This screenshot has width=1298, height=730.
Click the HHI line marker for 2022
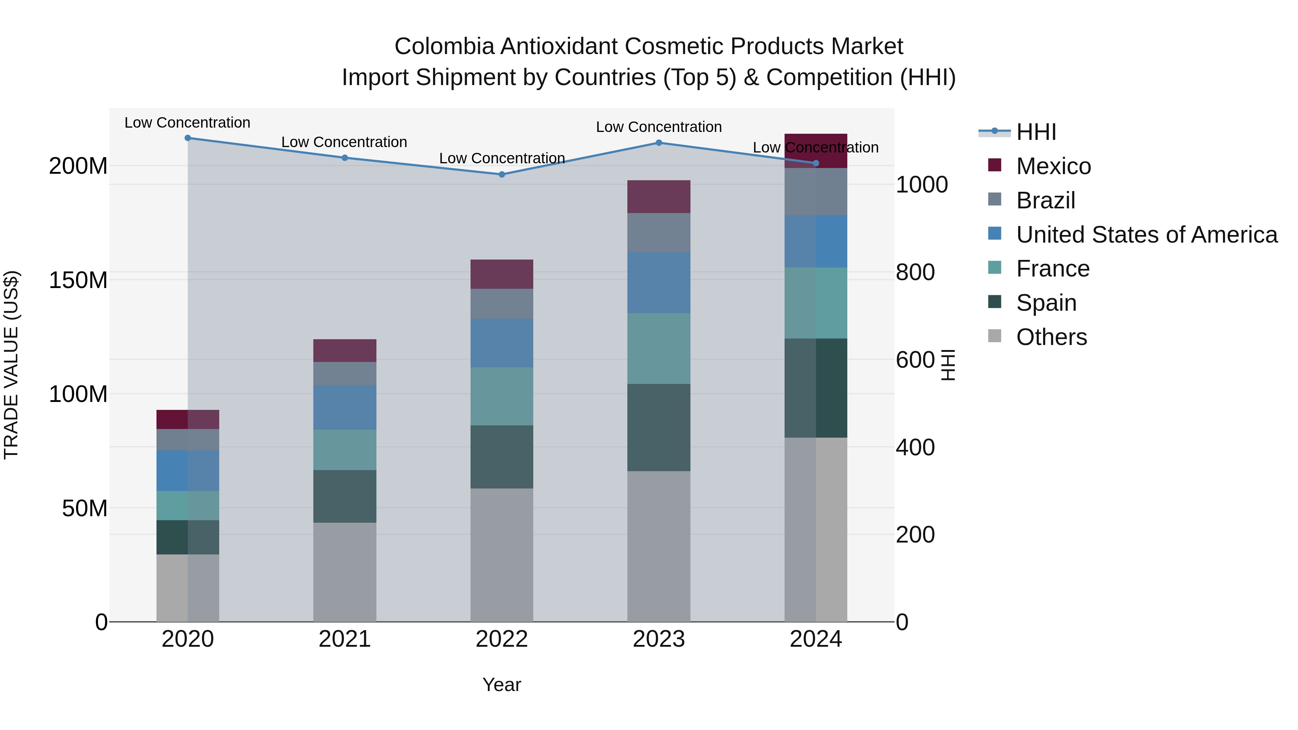(502, 174)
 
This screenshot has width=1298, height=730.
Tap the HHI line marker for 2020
(187, 138)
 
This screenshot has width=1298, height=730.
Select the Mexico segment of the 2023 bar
(659, 196)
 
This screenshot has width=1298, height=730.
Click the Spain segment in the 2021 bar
(345, 496)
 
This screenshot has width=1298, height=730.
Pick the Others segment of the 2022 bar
(502, 554)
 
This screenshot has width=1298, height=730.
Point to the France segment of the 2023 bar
(659, 349)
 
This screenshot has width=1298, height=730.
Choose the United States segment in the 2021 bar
(345, 407)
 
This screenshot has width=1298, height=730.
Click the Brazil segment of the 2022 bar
(502, 304)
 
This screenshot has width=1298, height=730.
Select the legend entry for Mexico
(1053, 166)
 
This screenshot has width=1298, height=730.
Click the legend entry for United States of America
(1146, 235)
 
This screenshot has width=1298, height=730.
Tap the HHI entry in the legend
(1036, 132)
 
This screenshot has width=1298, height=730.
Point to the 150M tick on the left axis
(78, 280)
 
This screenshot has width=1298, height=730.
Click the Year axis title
(502, 685)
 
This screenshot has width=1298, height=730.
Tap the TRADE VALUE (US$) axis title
(11, 365)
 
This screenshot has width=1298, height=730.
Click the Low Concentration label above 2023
(659, 127)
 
